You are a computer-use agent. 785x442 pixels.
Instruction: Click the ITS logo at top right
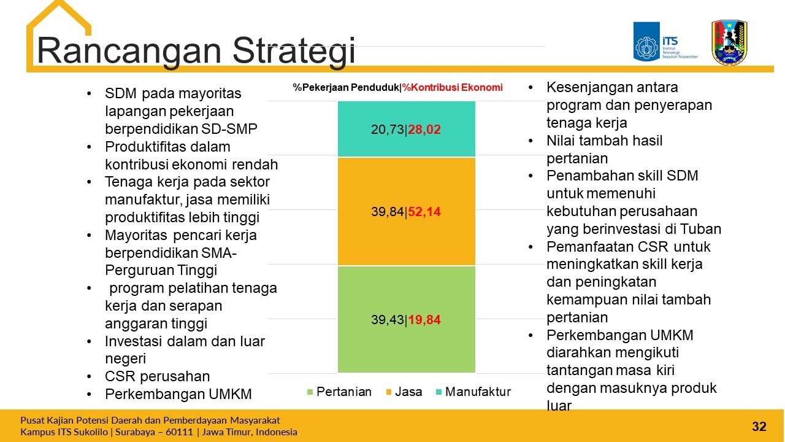(x=665, y=42)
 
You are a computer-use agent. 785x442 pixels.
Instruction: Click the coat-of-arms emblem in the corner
(x=729, y=42)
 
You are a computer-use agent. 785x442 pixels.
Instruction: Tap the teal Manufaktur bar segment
(x=407, y=129)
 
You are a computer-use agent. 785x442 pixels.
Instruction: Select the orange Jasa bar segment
(x=407, y=212)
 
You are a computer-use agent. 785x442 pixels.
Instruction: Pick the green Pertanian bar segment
(x=407, y=319)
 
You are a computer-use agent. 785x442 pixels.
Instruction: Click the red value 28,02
(x=424, y=130)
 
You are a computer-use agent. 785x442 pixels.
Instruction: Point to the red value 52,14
(x=424, y=212)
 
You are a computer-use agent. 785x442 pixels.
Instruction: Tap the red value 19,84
(x=424, y=320)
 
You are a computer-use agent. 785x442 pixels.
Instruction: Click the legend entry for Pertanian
(x=339, y=392)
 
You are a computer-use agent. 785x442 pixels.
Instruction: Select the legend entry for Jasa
(x=404, y=392)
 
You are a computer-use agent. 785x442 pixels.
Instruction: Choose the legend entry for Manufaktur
(x=473, y=392)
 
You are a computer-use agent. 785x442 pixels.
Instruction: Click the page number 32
(x=759, y=427)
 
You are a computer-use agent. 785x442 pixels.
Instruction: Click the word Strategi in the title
(x=294, y=51)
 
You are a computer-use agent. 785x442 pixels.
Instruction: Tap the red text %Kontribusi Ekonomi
(x=452, y=87)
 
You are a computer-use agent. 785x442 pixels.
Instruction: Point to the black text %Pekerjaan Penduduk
(x=347, y=87)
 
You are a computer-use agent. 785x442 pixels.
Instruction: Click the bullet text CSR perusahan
(x=158, y=376)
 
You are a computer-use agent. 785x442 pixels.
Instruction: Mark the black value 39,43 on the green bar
(x=388, y=320)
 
